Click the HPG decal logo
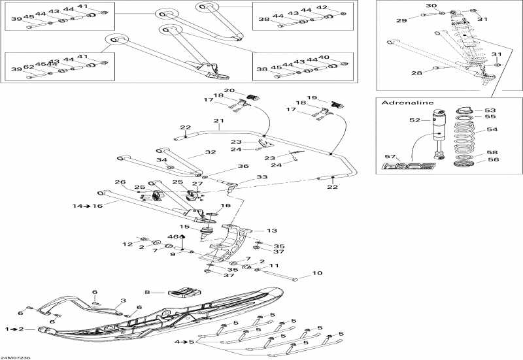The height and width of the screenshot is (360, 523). coord(410,167)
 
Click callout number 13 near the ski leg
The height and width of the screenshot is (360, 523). coord(272,231)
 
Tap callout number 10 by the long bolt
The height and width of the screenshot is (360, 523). coord(317,273)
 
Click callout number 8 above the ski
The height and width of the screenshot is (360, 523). coord(148,293)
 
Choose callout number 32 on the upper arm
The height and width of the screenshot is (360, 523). coord(210,152)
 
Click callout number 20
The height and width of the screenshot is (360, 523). coord(229,91)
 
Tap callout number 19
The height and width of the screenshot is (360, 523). coord(312,98)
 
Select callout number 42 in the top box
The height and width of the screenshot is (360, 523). coord(340,7)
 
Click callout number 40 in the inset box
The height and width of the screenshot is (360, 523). coord(341,57)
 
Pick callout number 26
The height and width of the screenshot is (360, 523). coord(120,182)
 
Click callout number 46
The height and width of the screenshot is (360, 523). coord(173,236)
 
